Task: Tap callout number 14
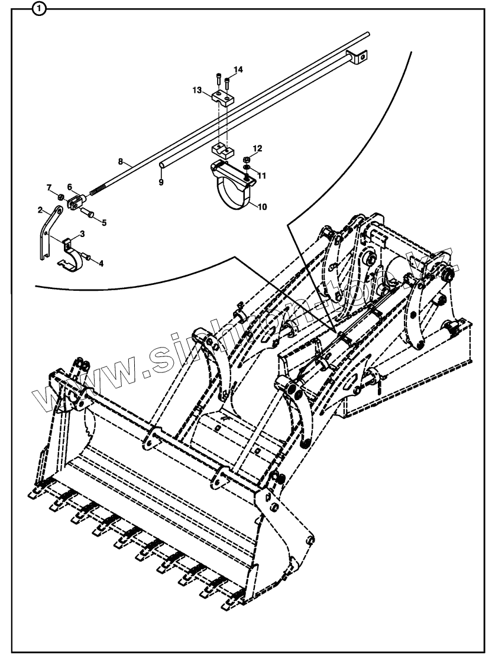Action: point(238,70)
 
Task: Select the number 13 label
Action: point(198,90)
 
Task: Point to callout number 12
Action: point(258,147)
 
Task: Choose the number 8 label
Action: point(121,161)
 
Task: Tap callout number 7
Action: point(49,187)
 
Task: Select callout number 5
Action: point(104,223)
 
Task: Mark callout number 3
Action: point(82,234)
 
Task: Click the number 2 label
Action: point(40,209)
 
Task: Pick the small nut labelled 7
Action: point(60,196)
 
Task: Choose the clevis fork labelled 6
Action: point(75,203)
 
